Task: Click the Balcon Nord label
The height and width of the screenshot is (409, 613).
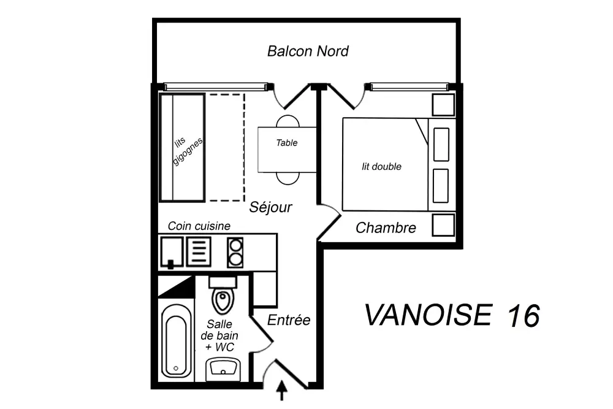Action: coord(308,52)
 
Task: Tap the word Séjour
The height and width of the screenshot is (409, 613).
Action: coord(270,207)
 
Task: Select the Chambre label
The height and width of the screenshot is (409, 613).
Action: coord(386,227)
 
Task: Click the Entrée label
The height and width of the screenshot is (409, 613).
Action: coord(289,320)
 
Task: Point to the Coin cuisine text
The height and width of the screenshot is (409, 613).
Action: coord(199,226)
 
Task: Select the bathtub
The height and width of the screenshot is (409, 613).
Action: coord(176,340)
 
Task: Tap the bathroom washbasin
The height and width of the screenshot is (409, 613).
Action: coord(223,370)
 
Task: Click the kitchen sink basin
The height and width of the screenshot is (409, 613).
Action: coord(171,252)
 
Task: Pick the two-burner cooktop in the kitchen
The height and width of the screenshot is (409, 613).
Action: coord(235,252)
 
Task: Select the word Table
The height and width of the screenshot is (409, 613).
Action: coord(286,143)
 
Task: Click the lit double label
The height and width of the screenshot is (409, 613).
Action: coord(381,167)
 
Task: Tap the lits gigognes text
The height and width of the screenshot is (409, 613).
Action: coord(186,150)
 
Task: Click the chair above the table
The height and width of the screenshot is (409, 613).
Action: coord(287,121)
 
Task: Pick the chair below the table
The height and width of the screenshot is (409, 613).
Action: coord(287,178)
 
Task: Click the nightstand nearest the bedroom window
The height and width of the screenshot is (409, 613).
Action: coord(443,105)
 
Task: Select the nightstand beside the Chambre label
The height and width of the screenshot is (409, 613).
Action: coord(443,225)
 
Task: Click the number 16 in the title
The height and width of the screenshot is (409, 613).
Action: coord(524,315)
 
